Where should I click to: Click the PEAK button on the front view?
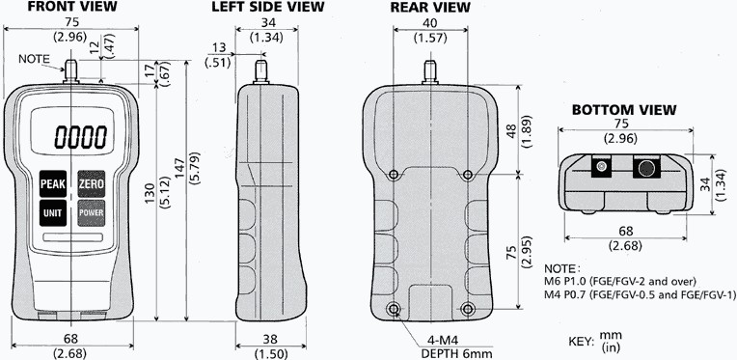[53, 183]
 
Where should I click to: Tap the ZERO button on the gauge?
[92, 183]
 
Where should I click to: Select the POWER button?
[92, 213]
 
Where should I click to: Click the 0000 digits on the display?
[81, 137]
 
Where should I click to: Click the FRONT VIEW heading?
[71, 7]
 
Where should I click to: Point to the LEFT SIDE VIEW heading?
[268, 7]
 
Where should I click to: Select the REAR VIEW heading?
[430, 7]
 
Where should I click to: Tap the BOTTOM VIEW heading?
[624, 110]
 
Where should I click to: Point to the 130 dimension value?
[150, 194]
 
